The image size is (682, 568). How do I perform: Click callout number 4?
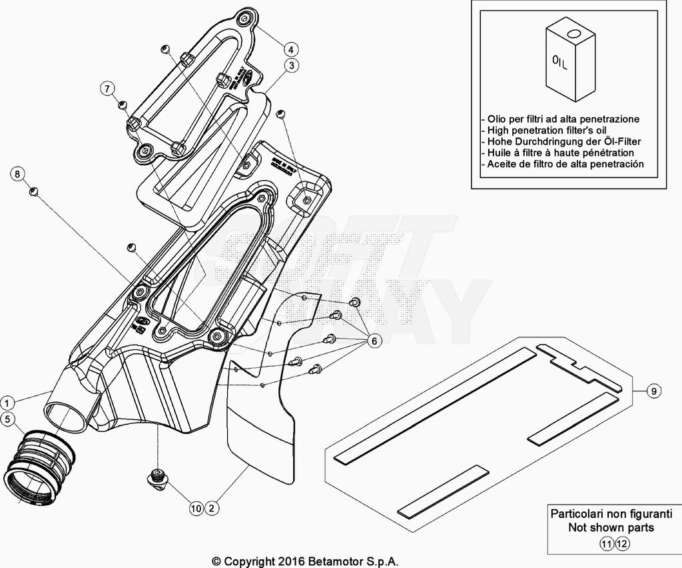(x=291, y=49)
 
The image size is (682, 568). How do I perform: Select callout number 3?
(x=291, y=65)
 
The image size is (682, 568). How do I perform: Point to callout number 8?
(x=18, y=175)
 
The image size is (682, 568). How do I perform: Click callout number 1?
(x=7, y=403)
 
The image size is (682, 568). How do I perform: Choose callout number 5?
(x=7, y=419)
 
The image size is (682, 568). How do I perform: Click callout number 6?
(x=374, y=341)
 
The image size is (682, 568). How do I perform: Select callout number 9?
(x=654, y=391)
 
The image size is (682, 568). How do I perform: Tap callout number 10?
(x=195, y=508)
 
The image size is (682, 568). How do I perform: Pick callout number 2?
(x=212, y=508)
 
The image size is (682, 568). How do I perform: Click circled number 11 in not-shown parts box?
(x=606, y=543)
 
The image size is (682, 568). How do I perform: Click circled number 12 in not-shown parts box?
(x=621, y=543)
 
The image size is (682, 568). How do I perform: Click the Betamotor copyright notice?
(x=305, y=561)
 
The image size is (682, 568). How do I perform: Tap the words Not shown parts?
(x=611, y=527)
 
